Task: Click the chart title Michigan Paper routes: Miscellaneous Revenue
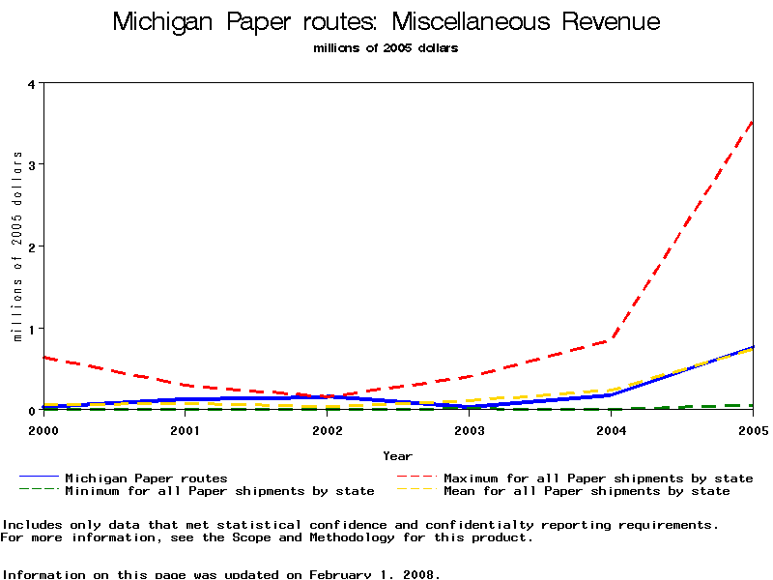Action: pos(386,22)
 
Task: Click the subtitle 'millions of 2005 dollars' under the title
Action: pos(386,48)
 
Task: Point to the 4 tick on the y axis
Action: pos(31,83)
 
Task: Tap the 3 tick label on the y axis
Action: pos(31,165)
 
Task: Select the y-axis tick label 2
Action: pos(31,246)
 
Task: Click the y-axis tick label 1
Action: pos(31,329)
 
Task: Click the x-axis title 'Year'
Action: pos(397,456)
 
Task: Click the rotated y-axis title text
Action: pos(17,246)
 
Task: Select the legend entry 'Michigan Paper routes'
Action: pos(146,478)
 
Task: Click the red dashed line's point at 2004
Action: pos(612,340)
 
